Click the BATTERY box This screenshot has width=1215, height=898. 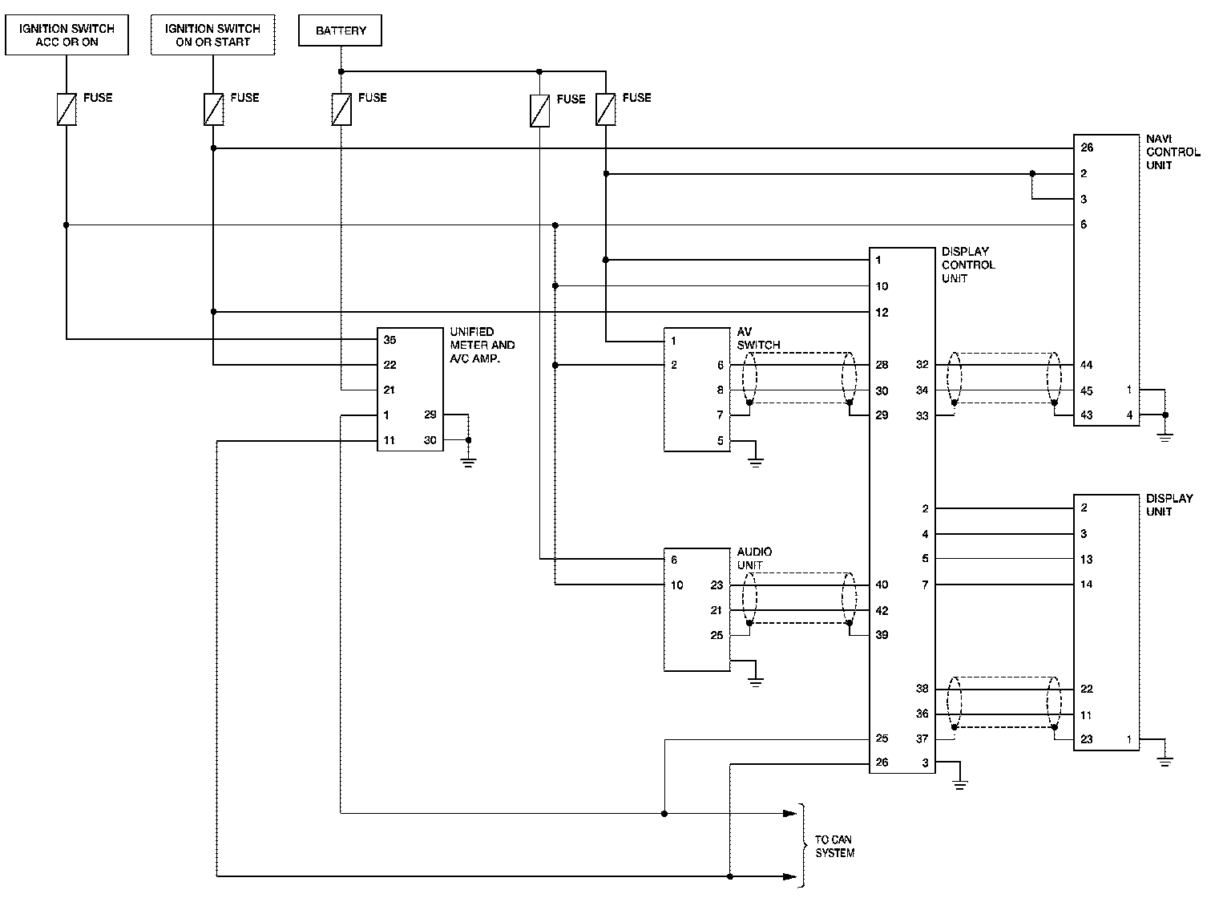point(341,31)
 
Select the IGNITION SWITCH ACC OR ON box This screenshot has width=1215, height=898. point(67,35)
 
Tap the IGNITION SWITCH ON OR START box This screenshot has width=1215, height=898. point(212,35)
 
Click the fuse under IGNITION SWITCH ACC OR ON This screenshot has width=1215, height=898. point(67,110)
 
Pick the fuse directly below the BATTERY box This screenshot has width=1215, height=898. point(341,110)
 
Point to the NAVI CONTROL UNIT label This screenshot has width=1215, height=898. point(1173,152)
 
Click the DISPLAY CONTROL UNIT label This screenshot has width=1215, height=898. point(968,265)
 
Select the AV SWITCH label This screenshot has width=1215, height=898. point(758,338)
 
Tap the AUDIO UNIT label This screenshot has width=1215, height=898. point(754,559)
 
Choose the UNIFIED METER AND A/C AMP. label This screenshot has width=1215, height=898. point(482,345)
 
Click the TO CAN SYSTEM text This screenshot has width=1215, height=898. point(834,847)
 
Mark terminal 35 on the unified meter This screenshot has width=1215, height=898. point(390,340)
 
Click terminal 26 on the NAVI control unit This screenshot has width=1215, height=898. point(1087,148)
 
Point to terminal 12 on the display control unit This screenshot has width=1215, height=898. point(882,313)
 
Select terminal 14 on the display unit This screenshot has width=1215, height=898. point(1086,585)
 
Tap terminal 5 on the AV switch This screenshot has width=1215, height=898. point(720,441)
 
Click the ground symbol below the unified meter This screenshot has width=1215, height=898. point(469,460)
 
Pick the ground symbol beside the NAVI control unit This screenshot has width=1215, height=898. point(1165,436)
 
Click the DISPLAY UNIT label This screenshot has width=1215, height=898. point(1169,505)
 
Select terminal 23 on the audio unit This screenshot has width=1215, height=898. point(716,585)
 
